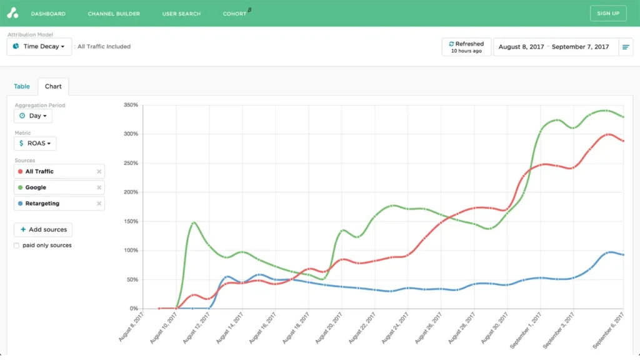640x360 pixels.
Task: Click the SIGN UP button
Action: click(608, 13)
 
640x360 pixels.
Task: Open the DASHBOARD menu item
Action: click(48, 14)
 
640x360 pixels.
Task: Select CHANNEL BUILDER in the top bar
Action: click(114, 14)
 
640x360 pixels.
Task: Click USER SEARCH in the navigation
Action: click(181, 14)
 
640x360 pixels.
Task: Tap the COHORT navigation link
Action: click(235, 14)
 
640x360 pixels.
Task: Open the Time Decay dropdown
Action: click(39, 46)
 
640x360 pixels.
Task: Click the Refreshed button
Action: click(466, 47)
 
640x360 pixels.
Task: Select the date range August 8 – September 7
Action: click(554, 47)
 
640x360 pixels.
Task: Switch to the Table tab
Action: click(22, 86)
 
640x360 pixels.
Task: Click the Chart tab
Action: click(53, 86)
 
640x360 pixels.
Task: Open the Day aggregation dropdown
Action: click(33, 116)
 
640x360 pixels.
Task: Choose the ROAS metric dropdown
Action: click(35, 144)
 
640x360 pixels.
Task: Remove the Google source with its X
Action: click(99, 187)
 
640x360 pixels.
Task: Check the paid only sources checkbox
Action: click(17, 246)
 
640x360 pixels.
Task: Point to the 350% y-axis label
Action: click(131, 105)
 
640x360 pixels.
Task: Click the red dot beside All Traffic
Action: click(21, 171)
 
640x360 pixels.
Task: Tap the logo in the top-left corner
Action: click(12, 13)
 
